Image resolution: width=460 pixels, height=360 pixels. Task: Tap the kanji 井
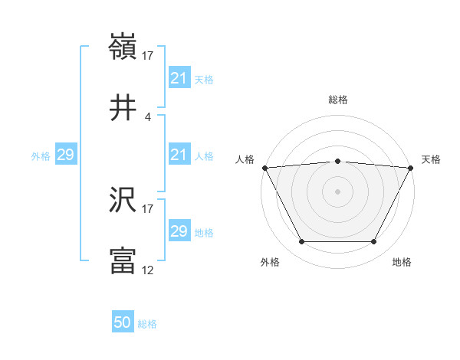pyautogui.click(x=123, y=107)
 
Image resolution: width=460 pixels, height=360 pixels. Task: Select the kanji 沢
pyautogui.click(x=123, y=201)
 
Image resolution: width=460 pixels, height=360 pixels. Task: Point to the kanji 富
pyautogui.click(x=123, y=260)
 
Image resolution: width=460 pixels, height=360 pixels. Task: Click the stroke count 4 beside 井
pyautogui.click(x=148, y=116)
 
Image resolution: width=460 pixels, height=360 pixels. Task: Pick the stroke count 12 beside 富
pyautogui.click(x=148, y=270)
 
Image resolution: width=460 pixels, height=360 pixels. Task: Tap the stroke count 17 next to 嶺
pyautogui.click(x=148, y=57)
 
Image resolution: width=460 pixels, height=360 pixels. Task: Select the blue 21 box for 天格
pyautogui.click(x=179, y=78)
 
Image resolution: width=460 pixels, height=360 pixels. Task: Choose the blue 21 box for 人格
pyautogui.click(x=179, y=155)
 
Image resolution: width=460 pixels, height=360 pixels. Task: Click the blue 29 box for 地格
pyautogui.click(x=179, y=231)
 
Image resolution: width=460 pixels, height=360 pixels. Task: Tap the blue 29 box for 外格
pyautogui.click(x=65, y=155)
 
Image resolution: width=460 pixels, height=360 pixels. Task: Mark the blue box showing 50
pyautogui.click(x=123, y=323)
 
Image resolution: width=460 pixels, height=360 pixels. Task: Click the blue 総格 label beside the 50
pyautogui.click(x=147, y=324)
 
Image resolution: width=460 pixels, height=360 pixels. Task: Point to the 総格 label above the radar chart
pyautogui.click(x=338, y=100)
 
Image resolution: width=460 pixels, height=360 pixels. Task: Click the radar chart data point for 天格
pyautogui.click(x=411, y=168)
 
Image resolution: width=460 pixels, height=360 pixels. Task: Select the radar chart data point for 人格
pyautogui.click(x=264, y=168)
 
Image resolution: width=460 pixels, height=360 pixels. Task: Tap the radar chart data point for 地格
pyautogui.click(x=373, y=242)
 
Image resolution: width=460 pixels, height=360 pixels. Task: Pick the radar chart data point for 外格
pyautogui.click(x=301, y=242)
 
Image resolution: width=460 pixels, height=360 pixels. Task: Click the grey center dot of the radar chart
pyautogui.click(x=338, y=191)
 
